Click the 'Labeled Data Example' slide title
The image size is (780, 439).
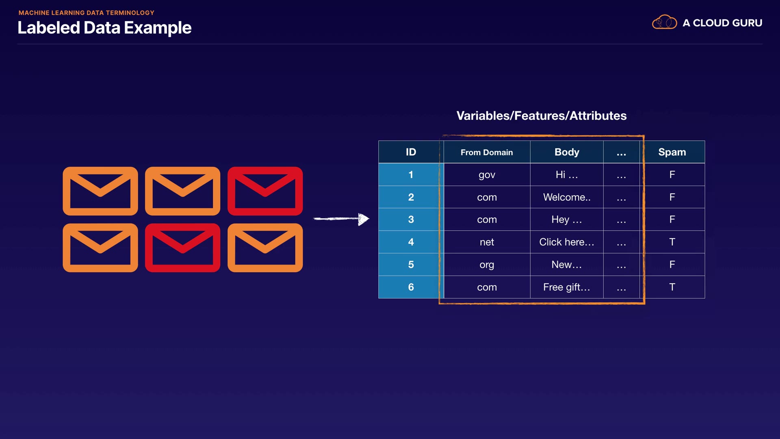click(104, 28)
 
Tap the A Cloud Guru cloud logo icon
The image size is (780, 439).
click(664, 22)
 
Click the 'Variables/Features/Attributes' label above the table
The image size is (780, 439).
click(541, 116)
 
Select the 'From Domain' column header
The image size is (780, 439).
click(487, 152)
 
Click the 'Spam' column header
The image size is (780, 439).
click(672, 152)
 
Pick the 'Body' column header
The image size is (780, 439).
click(567, 152)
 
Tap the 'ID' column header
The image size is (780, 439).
click(411, 152)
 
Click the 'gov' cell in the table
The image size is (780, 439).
click(487, 175)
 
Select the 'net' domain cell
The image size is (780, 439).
click(487, 242)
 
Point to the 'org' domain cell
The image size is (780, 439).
click(487, 265)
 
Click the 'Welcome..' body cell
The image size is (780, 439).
click(567, 197)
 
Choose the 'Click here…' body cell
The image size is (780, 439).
click(567, 242)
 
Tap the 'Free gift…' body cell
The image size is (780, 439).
click(567, 287)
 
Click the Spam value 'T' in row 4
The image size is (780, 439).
click(672, 242)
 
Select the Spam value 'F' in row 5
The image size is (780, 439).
click(672, 265)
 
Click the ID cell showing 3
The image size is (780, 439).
click(411, 219)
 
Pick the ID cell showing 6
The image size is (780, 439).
click(411, 287)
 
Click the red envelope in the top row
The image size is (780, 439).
click(265, 191)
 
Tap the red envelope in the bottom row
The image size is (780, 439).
click(182, 248)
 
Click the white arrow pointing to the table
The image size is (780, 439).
click(341, 219)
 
